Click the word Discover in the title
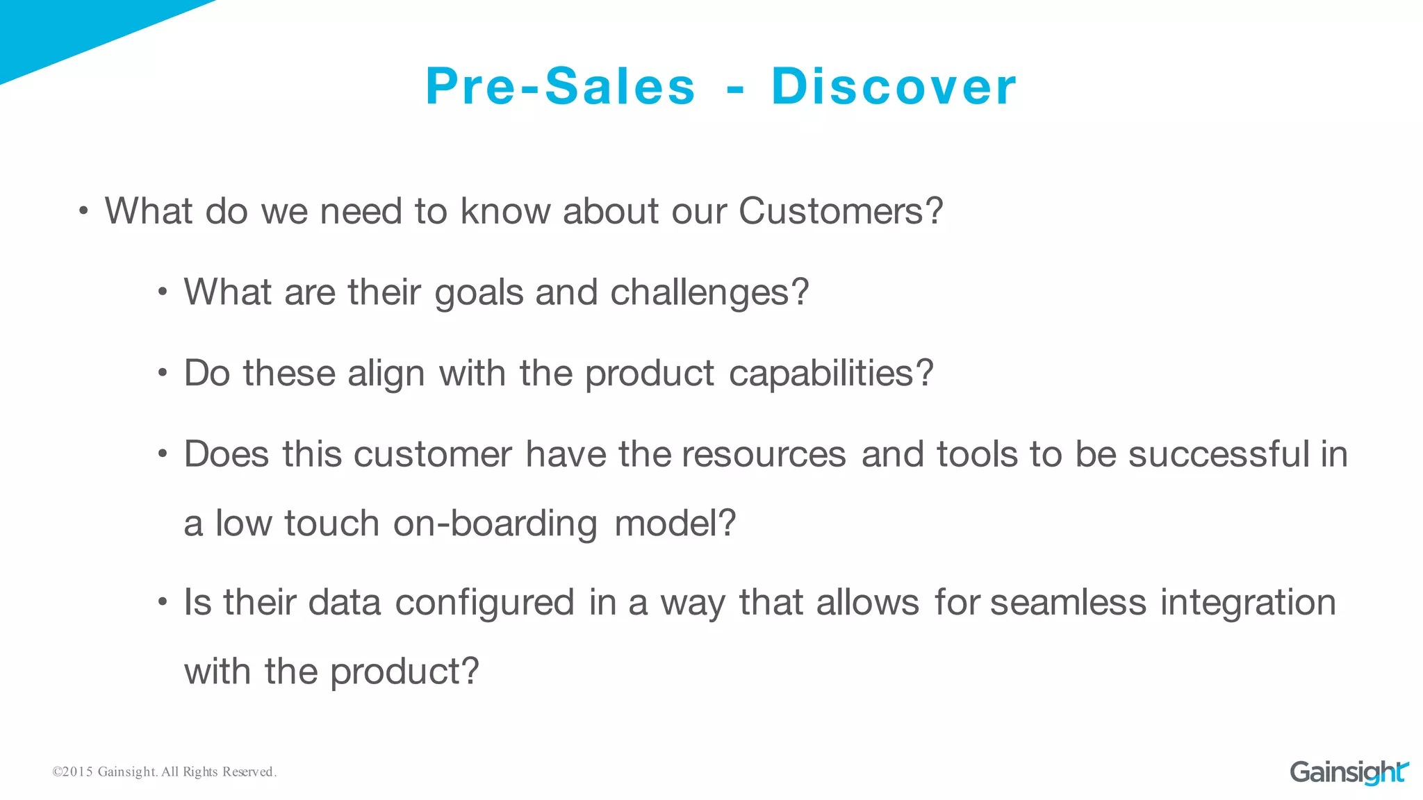[x=894, y=87]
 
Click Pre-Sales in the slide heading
[x=560, y=87]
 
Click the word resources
[x=764, y=454]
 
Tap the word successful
[x=1219, y=454]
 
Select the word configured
[x=484, y=602]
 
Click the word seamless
[x=1068, y=602]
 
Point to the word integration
[x=1248, y=602]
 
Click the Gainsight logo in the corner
[x=1349, y=772]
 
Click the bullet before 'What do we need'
[x=83, y=211]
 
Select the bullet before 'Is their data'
[x=163, y=602]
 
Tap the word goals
[x=479, y=293]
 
